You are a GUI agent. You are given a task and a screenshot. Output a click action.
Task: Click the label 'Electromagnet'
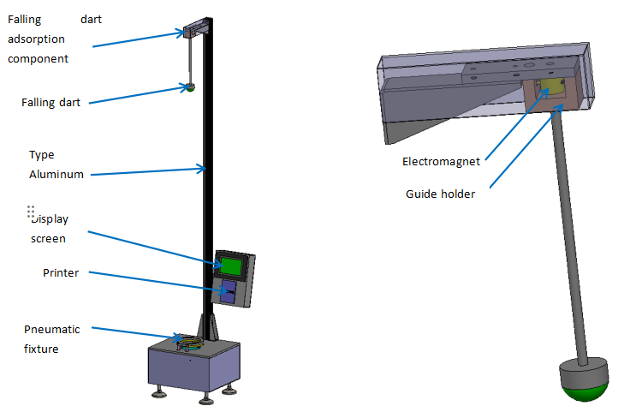click(441, 161)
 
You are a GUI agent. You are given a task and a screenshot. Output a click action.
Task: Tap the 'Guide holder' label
click(440, 194)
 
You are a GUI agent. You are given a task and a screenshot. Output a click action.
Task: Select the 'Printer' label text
click(61, 273)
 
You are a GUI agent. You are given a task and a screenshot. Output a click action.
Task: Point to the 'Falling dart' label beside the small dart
click(51, 103)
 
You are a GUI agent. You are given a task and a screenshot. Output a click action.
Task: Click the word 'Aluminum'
click(56, 174)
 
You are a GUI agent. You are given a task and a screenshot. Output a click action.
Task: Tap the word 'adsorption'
click(38, 39)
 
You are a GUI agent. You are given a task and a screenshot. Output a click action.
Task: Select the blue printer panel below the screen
click(230, 292)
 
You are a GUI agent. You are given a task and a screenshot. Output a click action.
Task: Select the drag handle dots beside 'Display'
click(30, 212)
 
